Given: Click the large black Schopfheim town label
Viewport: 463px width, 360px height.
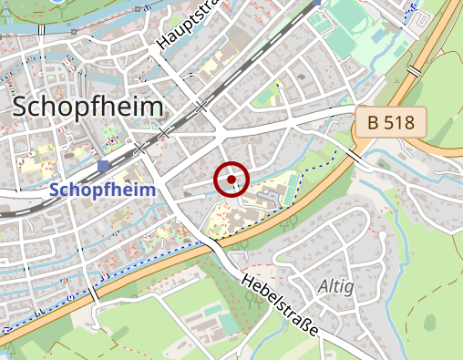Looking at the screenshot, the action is [x=88, y=107].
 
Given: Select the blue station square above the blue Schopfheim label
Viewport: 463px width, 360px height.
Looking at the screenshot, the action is [x=106, y=166].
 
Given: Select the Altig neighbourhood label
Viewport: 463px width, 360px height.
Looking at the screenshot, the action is [x=336, y=286].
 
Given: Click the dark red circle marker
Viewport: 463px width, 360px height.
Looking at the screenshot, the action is [x=232, y=179].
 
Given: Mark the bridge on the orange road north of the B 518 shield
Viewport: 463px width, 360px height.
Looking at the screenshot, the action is [x=415, y=70].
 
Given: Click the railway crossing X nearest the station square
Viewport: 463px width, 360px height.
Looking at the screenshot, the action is [x=139, y=148].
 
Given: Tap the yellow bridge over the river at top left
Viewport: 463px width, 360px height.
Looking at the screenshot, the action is [x=42, y=30].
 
